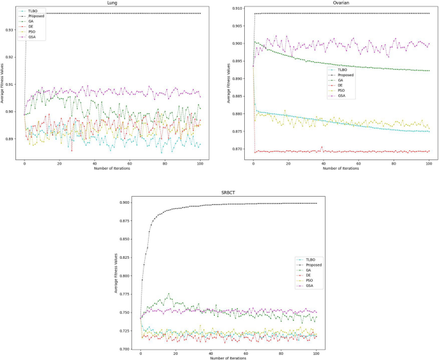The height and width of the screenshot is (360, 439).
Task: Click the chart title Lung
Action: [112, 3]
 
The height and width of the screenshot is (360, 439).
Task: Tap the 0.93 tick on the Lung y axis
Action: [12, 30]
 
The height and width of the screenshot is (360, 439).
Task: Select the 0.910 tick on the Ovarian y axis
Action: [240, 8]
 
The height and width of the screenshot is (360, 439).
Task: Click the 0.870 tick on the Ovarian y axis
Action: [240, 149]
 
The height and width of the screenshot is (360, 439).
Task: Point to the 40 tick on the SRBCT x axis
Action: [211, 353]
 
